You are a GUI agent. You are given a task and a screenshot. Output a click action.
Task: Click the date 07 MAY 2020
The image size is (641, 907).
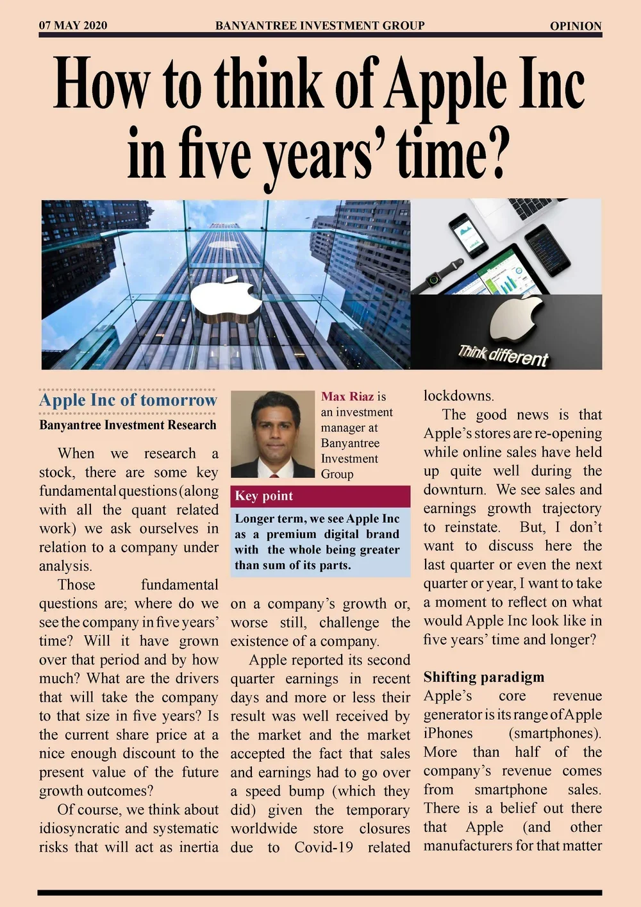tap(73, 26)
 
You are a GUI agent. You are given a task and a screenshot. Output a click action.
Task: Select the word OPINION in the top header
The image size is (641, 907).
tap(576, 26)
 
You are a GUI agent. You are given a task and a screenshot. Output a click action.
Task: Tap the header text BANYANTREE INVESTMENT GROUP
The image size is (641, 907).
tap(320, 26)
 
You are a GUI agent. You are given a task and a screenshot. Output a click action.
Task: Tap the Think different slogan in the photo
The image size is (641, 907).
tap(503, 354)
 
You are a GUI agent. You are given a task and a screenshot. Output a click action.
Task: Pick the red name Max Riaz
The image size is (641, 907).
tap(347, 396)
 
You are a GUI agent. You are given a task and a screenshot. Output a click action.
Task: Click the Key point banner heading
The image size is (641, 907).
tap(264, 496)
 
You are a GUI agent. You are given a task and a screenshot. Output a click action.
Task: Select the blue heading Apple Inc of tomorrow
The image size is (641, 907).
tap(128, 400)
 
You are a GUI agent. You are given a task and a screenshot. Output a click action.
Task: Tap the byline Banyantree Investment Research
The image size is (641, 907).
tap(128, 425)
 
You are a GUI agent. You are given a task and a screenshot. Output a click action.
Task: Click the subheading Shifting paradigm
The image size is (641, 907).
tap(484, 677)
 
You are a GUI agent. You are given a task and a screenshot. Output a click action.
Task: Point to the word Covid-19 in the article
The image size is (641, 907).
tap(324, 847)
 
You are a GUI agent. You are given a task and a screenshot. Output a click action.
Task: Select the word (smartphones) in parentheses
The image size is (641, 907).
tap(555, 733)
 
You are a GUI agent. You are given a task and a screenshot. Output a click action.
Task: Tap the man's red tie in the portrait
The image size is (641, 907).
tap(274, 475)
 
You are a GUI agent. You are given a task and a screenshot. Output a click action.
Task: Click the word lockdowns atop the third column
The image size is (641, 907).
tap(459, 396)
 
